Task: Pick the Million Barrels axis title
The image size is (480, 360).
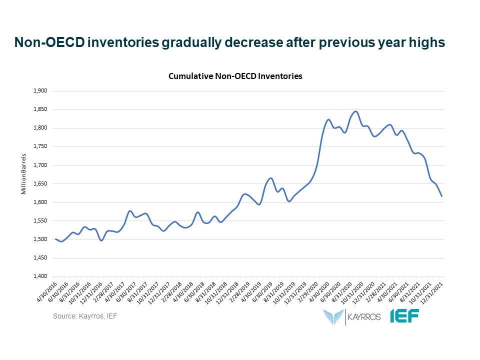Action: click(23, 183)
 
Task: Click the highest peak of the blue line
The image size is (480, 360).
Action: click(355, 111)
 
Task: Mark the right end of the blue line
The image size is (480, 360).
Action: click(442, 196)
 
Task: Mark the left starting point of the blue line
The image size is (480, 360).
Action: click(55, 239)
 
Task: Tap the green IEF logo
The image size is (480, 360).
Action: click(405, 316)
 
